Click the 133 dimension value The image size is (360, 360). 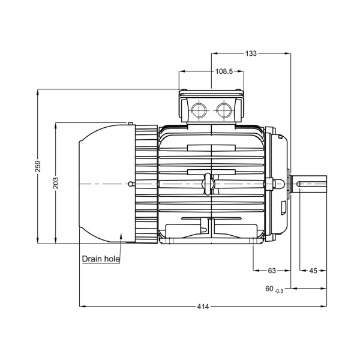pyautogui.click(x=251, y=53)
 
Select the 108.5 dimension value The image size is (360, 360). pyautogui.click(x=223, y=71)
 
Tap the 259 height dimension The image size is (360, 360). pyautogui.click(x=38, y=166)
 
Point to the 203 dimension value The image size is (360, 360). pyautogui.click(x=55, y=183)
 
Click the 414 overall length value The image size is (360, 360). pyautogui.click(x=203, y=307)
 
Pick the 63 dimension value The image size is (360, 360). pyautogui.click(x=272, y=271)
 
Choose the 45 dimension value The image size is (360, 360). pyautogui.click(x=313, y=271)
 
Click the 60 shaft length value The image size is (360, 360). pyautogui.click(x=269, y=289)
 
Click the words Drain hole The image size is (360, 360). pyautogui.click(x=101, y=259)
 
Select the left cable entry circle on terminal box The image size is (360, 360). pyautogui.click(x=198, y=110)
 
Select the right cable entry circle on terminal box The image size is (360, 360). pyautogui.click(x=224, y=110)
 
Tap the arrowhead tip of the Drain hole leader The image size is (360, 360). pyautogui.click(x=122, y=235)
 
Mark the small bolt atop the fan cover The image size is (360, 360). pyautogui.click(x=130, y=124)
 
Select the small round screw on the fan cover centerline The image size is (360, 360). pyautogui.click(x=131, y=184)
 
